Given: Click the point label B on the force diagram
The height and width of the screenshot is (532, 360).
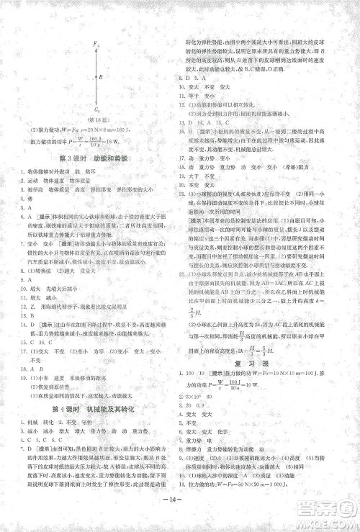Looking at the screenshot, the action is pyautogui.click(x=101, y=76).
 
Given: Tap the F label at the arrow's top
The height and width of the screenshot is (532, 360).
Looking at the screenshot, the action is pyautogui.click(x=94, y=45).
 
